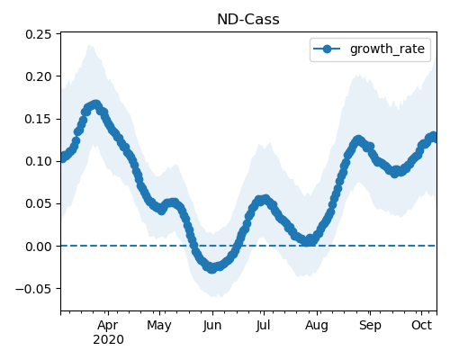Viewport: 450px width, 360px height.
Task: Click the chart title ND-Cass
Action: coord(248,20)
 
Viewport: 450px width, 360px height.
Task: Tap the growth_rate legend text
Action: coord(387,49)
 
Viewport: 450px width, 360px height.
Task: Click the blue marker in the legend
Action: coord(327,49)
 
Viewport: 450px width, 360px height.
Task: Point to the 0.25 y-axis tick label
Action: coord(39,34)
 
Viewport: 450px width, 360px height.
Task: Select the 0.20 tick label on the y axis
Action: coord(39,76)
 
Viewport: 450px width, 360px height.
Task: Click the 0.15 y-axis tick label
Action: coord(39,119)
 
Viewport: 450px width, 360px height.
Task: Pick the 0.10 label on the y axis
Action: coord(39,161)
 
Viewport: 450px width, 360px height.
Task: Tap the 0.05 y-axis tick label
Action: coord(39,203)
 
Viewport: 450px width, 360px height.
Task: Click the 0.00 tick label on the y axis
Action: coord(39,247)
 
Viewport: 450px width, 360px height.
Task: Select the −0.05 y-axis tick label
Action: coord(33,289)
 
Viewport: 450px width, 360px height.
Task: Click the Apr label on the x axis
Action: coord(108,326)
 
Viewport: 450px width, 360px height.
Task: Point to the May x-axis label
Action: coord(159,326)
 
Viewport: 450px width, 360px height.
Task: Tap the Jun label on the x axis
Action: coord(212,326)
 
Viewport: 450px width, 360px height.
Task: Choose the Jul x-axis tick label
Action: coord(263,326)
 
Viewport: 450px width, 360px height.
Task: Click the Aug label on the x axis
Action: coord(317,326)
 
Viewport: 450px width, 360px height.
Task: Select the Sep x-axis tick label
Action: coord(370,326)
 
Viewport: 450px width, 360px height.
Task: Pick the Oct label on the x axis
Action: coord(421,325)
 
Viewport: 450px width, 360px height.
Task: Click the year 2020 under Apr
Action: coord(108,340)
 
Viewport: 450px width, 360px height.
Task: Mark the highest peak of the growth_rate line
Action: coord(95,105)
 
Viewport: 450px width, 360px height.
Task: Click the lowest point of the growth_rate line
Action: coord(212,268)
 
